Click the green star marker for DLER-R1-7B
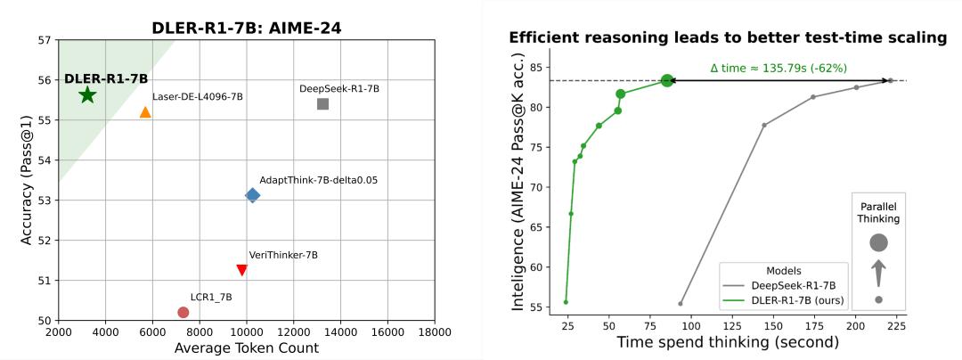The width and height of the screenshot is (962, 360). (x=87, y=95)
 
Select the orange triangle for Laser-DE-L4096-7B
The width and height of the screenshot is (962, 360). (x=145, y=112)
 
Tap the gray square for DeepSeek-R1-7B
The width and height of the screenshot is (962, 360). (x=322, y=104)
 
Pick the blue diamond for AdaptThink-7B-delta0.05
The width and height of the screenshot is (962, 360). (x=252, y=195)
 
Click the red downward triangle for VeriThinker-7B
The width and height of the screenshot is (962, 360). (x=241, y=270)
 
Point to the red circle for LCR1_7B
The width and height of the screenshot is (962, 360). (x=183, y=312)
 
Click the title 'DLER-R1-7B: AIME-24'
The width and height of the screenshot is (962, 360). (x=246, y=29)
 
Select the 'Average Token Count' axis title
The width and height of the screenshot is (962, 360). (x=246, y=348)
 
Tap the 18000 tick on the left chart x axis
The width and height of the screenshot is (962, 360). (x=434, y=332)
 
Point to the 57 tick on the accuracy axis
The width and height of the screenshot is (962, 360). (x=45, y=41)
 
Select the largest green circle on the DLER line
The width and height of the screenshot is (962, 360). (x=667, y=80)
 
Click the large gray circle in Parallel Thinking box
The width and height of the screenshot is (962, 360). (x=878, y=242)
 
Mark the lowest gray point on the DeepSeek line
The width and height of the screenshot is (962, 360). (x=681, y=304)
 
